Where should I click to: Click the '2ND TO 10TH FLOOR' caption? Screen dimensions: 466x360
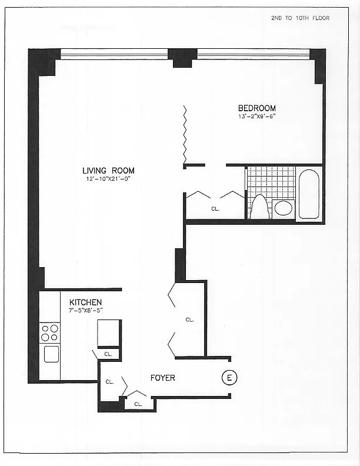pyautogui.click(x=300, y=18)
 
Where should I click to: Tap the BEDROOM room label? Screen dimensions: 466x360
pyautogui.click(x=256, y=108)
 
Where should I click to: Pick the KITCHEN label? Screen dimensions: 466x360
pyautogui.click(x=85, y=302)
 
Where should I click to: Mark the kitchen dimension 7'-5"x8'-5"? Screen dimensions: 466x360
pyautogui.click(x=85, y=309)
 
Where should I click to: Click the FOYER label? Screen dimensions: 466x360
pyautogui.click(x=162, y=378)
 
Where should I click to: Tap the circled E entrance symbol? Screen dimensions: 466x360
pyautogui.click(x=228, y=378)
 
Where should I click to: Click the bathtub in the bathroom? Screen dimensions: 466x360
pyautogui.click(x=309, y=194)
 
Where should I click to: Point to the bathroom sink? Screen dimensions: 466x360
pyautogui.click(x=284, y=208)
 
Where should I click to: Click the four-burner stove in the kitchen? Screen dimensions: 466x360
pyautogui.click(x=50, y=332)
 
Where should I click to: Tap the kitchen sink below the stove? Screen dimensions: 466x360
pyautogui.click(x=51, y=354)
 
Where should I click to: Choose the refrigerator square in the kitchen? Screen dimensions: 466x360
pyautogui.click(x=109, y=332)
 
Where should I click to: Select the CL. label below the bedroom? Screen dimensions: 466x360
pyautogui.click(x=215, y=208)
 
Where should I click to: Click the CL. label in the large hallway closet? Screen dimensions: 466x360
pyautogui.click(x=189, y=319)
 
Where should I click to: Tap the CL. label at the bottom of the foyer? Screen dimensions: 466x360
pyautogui.click(x=138, y=404)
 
